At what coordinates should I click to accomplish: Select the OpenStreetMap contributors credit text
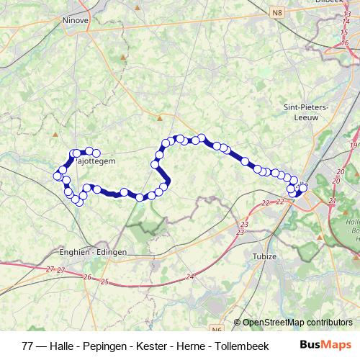coord(297,322)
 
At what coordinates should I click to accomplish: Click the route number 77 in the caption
coord(27,345)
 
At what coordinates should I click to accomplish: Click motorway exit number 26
coord(87,277)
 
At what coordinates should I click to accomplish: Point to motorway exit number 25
coord(104,282)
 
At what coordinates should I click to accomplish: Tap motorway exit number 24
coord(189,276)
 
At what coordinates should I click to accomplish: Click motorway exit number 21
coord(331,200)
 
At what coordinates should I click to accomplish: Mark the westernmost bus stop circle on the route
coord(57,176)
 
